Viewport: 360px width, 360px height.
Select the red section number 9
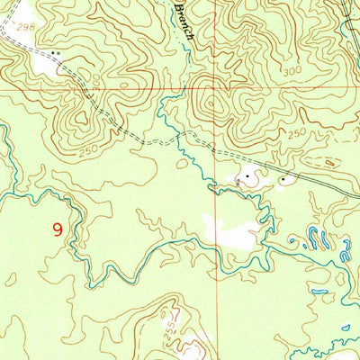click(x=58, y=230)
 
